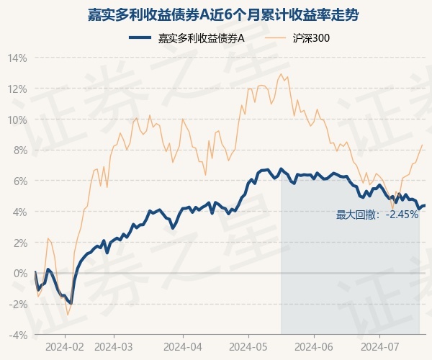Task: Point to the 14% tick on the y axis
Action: pyautogui.click(x=17, y=58)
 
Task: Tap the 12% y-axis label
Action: pyautogui.click(x=17, y=89)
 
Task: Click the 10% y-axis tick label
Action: pyautogui.click(x=17, y=120)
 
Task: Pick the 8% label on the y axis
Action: pyautogui.click(x=19, y=150)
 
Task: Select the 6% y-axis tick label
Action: pyautogui.click(x=19, y=181)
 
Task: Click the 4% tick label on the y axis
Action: pyautogui.click(x=19, y=212)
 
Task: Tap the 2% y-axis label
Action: pyautogui.click(x=19, y=243)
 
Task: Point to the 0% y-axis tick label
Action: pyautogui.click(x=19, y=274)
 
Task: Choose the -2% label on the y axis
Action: pyautogui.click(x=18, y=304)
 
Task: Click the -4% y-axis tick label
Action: pyautogui.click(x=18, y=335)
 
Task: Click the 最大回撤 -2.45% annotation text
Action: pyautogui.click(x=377, y=215)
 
